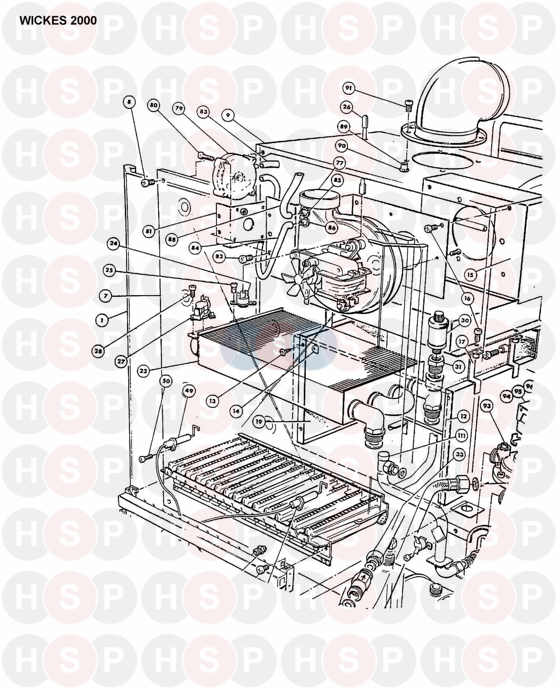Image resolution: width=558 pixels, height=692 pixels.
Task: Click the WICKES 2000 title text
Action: (58, 20)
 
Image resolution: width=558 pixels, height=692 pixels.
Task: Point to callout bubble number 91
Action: (349, 88)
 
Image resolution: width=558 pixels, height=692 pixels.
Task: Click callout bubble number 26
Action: (346, 107)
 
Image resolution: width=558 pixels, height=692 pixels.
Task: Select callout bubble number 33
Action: (460, 454)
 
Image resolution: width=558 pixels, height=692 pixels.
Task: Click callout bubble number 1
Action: (100, 319)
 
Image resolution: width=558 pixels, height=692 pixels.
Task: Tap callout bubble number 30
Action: (465, 320)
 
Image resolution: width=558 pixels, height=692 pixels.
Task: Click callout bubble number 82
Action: (219, 256)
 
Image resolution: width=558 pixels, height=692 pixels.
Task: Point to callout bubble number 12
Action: (463, 417)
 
